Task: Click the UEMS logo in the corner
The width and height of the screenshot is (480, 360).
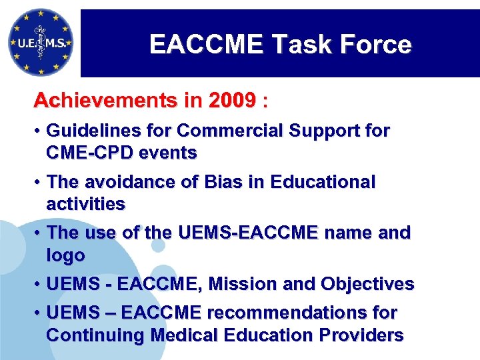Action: pyautogui.click(x=41, y=41)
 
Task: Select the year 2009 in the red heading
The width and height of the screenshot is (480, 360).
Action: pyautogui.click(x=231, y=101)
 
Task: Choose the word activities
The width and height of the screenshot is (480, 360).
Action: pyautogui.click(x=85, y=203)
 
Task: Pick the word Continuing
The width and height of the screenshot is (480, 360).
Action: pyautogui.click(x=95, y=335)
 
